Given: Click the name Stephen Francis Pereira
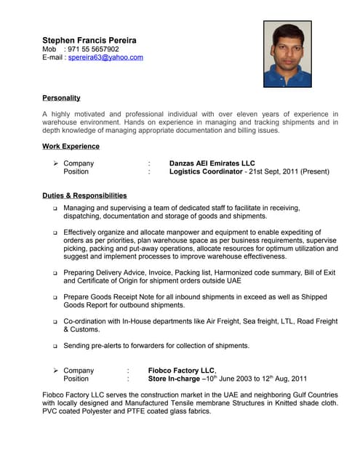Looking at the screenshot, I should pos(89,40).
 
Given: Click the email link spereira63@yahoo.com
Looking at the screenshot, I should pos(105,57).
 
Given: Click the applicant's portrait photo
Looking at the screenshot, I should pos(287,54).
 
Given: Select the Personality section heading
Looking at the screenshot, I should pos(61,97).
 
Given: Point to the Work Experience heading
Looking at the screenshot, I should pos(71,146).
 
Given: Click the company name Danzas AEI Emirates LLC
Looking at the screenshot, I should pos(212,163).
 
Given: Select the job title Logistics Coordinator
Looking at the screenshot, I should pos(205,172).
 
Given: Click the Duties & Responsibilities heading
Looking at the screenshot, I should pos(84,195).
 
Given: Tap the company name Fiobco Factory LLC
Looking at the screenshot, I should pos(181,370).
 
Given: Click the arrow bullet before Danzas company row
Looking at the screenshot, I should pos(55,163).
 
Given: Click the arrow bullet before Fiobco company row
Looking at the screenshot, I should pos(55,370).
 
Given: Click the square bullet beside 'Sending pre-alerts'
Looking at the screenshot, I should pos(55,346).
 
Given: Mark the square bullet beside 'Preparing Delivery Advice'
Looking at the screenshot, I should pos(55,272).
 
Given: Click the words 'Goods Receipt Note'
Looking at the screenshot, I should pos(124,296).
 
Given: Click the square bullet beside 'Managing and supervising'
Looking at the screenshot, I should pos(55,208).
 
